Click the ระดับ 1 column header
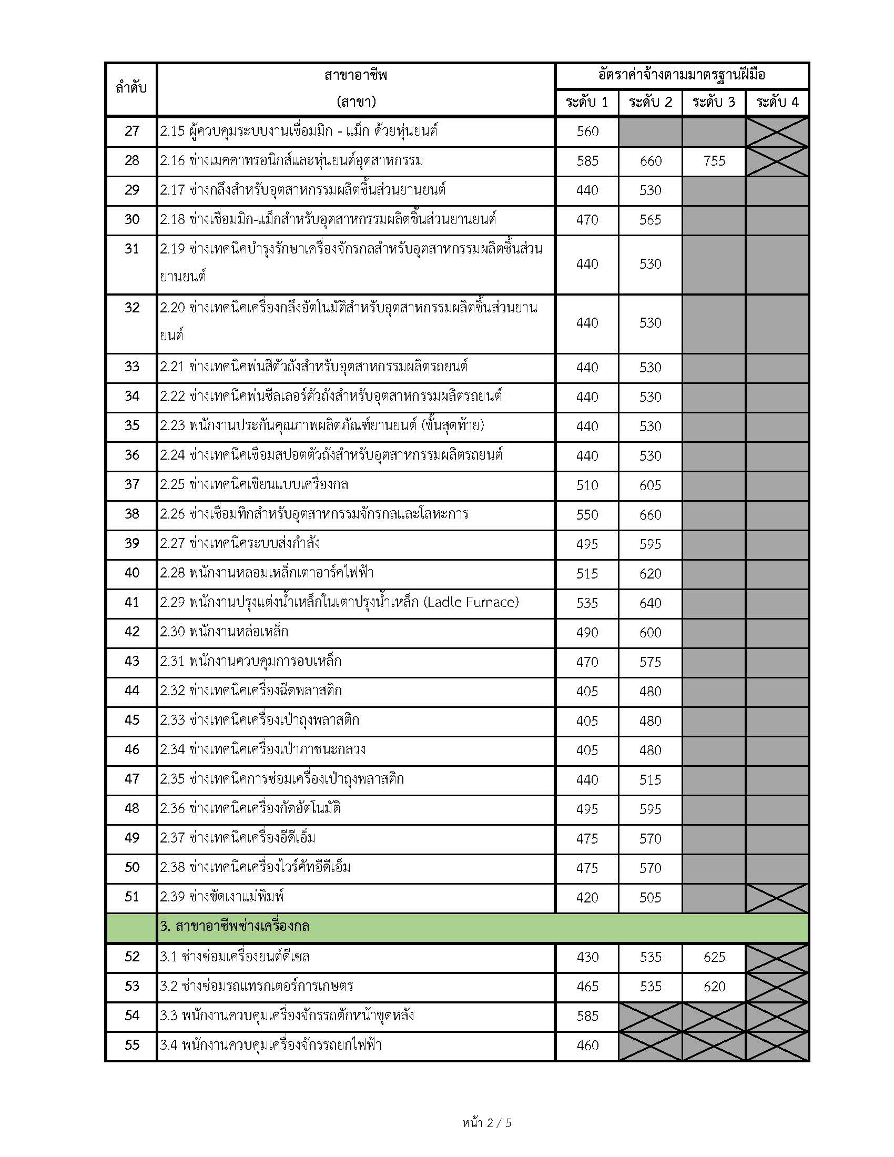point(587,102)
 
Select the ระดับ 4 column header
point(777,102)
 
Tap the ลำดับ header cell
point(131,88)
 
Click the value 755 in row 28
point(714,161)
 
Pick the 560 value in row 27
point(587,131)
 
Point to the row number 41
point(131,602)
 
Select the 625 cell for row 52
point(714,957)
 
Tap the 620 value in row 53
point(714,987)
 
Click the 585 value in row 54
point(587,1016)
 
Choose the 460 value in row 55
point(587,1045)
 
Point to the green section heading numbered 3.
point(235,927)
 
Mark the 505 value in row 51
point(650,897)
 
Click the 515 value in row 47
point(650,780)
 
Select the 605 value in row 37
point(650,485)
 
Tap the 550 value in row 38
point(587,514)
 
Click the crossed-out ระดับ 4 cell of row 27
point(777,132)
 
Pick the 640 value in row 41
point(650,603)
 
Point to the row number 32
point(131,308)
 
